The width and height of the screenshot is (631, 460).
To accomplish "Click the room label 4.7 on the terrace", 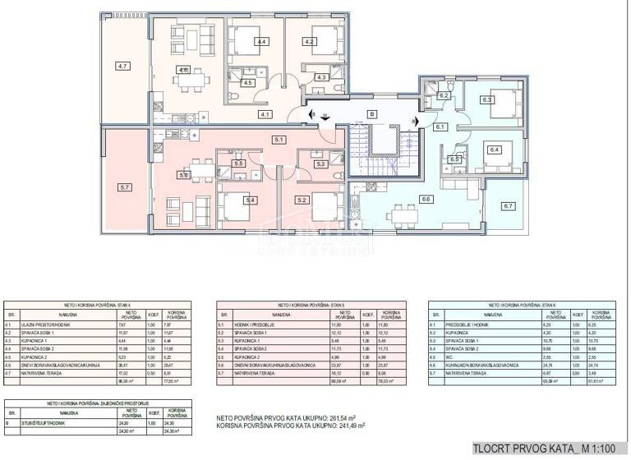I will pos(122,65).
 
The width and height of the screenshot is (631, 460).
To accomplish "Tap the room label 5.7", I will pos(125,187).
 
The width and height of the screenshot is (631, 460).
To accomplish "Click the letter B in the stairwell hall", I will pos(371,114).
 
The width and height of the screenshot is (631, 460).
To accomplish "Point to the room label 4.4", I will pos(261,41).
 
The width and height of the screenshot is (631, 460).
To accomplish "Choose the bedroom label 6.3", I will pos(486,100).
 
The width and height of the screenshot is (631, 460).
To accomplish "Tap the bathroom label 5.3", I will pos(320,164).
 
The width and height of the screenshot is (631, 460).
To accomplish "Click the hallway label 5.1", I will pos(279,140).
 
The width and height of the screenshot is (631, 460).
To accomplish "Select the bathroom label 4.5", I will pos(247,82).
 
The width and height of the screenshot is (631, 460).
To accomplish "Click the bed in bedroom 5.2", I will pos(325,201).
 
